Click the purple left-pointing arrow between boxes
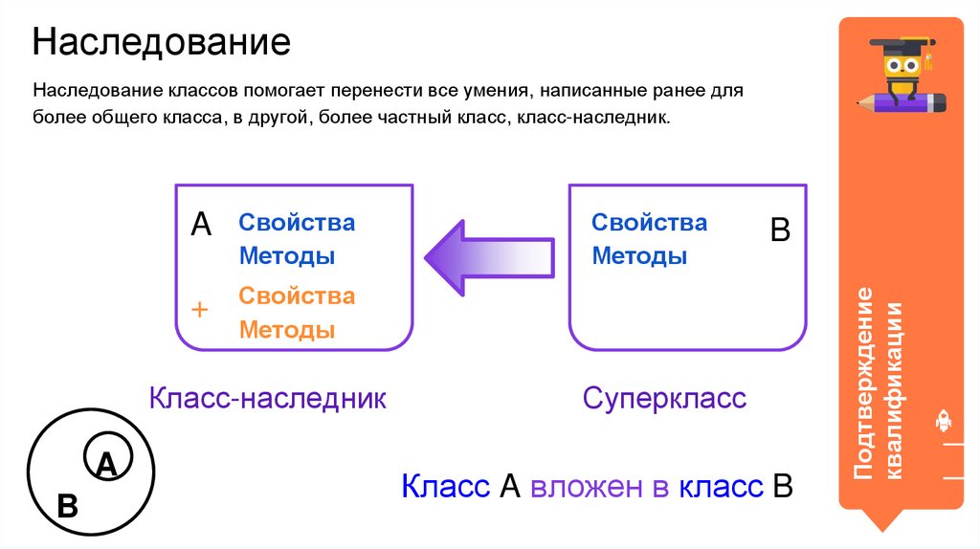489,255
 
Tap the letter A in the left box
201,225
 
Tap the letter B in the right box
780,231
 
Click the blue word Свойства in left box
297,223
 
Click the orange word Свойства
297,296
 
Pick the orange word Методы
286,331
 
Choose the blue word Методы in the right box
639,256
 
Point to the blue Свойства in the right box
649,223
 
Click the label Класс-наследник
267,398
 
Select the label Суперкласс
664,398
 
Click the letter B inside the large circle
67,505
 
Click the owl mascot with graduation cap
901,65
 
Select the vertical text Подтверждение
863,383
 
